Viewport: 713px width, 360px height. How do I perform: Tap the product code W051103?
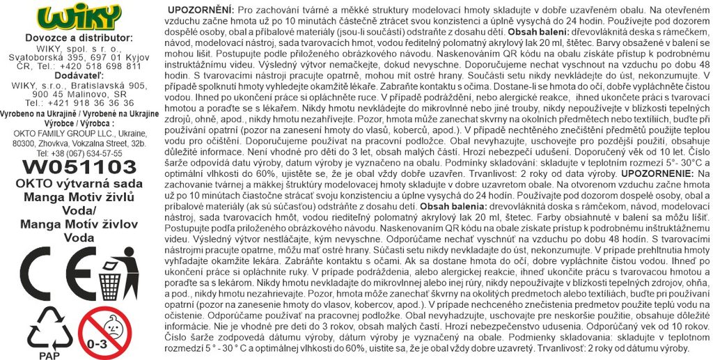click(79, 166)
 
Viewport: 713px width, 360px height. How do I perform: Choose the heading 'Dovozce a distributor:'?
click(79, 38)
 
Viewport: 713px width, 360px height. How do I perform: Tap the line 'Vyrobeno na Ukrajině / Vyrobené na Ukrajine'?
click(79, 113)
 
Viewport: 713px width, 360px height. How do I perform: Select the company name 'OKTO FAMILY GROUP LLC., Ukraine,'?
click(79, 132)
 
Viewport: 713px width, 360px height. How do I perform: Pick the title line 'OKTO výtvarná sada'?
click(79, 183)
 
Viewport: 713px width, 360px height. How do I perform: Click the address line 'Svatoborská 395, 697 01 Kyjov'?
click(79, 57)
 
